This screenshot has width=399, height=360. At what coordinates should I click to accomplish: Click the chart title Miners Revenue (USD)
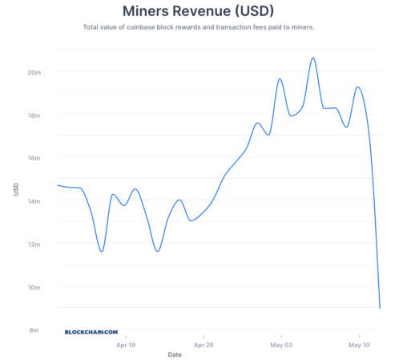(199, 11)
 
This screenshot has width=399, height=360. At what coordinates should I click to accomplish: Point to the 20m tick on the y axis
(34, 72)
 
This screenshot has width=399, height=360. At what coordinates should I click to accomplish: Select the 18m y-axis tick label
(34, 115)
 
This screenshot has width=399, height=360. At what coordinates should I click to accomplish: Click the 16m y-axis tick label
(34, 158)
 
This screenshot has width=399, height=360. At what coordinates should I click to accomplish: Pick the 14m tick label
(34, 201)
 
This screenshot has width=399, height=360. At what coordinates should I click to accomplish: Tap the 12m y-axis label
(34, 244)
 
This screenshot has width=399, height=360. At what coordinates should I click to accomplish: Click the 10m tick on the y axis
(34, 287)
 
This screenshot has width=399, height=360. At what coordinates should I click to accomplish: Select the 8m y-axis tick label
(36, 330)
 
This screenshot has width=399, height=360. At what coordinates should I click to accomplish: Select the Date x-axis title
(175, 354)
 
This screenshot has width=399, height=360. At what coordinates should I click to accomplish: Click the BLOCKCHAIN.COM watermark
(91, 331)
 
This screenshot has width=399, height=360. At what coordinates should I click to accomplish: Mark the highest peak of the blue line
(312, 58)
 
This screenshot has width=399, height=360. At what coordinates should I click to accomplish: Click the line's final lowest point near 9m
(380, 307)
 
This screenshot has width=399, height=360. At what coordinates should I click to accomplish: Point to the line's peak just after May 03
(280, 79)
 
